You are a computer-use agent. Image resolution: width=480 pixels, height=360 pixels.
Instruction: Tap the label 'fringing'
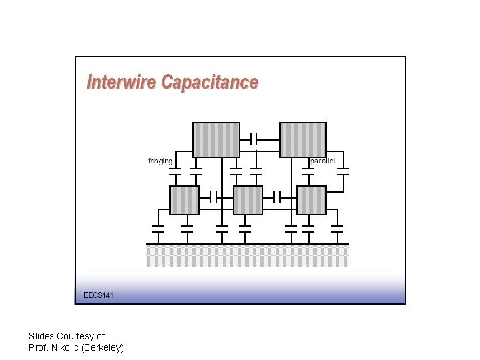(160, 161)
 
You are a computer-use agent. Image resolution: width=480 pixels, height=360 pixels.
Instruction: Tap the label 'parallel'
(323, 161)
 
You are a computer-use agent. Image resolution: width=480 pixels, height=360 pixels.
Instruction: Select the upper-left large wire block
(216, 139)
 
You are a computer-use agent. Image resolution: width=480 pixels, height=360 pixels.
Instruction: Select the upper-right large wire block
(303, 139)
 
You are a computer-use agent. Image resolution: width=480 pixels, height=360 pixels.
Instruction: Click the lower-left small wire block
(185, 200)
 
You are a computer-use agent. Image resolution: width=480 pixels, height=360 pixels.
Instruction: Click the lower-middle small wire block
(247, 200)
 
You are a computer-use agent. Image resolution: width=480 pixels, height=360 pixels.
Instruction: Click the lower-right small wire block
(311, 200)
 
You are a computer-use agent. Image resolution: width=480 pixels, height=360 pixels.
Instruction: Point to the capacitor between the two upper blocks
(253, 139)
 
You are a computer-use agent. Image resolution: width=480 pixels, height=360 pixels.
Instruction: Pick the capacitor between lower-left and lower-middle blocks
(213, 197)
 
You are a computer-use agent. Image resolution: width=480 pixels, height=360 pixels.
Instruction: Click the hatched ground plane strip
(247, 255)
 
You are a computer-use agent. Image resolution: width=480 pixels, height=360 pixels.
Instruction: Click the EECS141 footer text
(98, 295)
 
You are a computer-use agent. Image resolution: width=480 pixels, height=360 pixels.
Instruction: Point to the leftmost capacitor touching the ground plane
(158, 229)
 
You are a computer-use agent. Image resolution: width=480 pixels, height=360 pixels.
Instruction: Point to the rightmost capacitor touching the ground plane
(337, 229)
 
